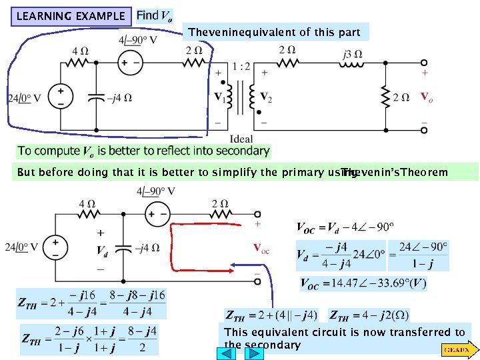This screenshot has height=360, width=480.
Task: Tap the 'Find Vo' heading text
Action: click(154, 15)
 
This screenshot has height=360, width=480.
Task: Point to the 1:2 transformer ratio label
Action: click(242, 66)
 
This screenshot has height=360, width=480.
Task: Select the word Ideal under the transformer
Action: click(241, 138)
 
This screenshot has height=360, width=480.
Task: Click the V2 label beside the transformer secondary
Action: click(265, 97)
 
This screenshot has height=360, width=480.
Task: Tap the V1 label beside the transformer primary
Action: click(219, 97)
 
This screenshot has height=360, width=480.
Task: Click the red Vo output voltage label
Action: click(426, 97)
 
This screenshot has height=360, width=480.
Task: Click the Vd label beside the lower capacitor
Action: click(102, 251)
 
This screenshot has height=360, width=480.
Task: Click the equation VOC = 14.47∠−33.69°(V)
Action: click(363, 284)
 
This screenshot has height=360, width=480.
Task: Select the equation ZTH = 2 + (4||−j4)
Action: click(272, 314)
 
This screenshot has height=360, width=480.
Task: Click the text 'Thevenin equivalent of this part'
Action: click(274, 31)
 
